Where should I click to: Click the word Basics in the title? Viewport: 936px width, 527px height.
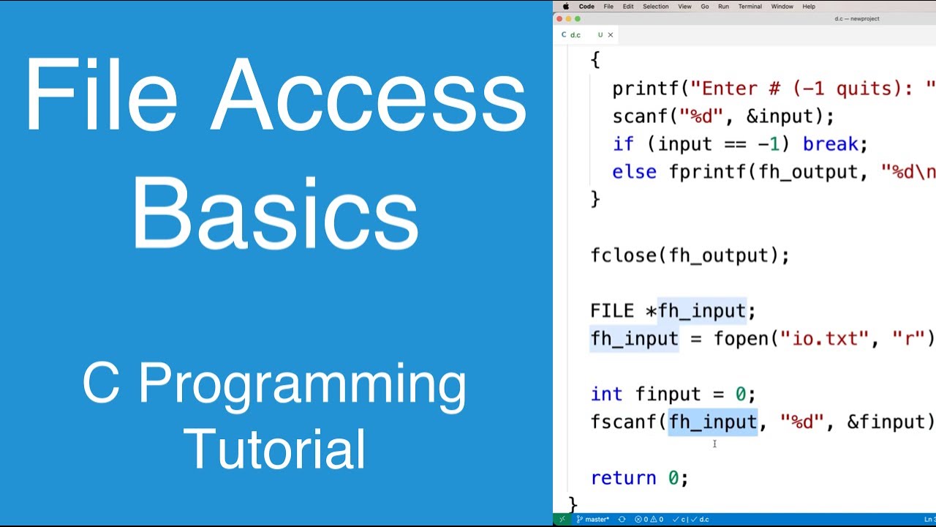[x=275, y=213]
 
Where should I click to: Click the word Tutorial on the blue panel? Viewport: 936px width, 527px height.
[x=275, y=448]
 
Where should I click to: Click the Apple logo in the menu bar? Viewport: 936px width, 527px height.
[x=565, y=7]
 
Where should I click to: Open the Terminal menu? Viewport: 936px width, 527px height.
[x=750, y=7]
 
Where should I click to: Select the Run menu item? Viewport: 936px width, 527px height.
[x=723, y=7]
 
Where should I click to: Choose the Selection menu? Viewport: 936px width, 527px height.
[x=655, y=7]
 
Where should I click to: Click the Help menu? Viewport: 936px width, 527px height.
[x=809, y=7]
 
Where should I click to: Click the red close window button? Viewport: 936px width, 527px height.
[x=560, y=19]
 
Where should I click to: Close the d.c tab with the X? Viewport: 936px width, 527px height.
[x=611, y=34]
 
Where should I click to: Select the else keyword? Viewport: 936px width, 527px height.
[x=634, y=172]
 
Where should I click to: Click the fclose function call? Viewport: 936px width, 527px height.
[x=622, y=255]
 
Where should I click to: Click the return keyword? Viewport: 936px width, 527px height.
[x=623, y=478]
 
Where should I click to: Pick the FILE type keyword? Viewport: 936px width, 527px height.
[x=612, y=311]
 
